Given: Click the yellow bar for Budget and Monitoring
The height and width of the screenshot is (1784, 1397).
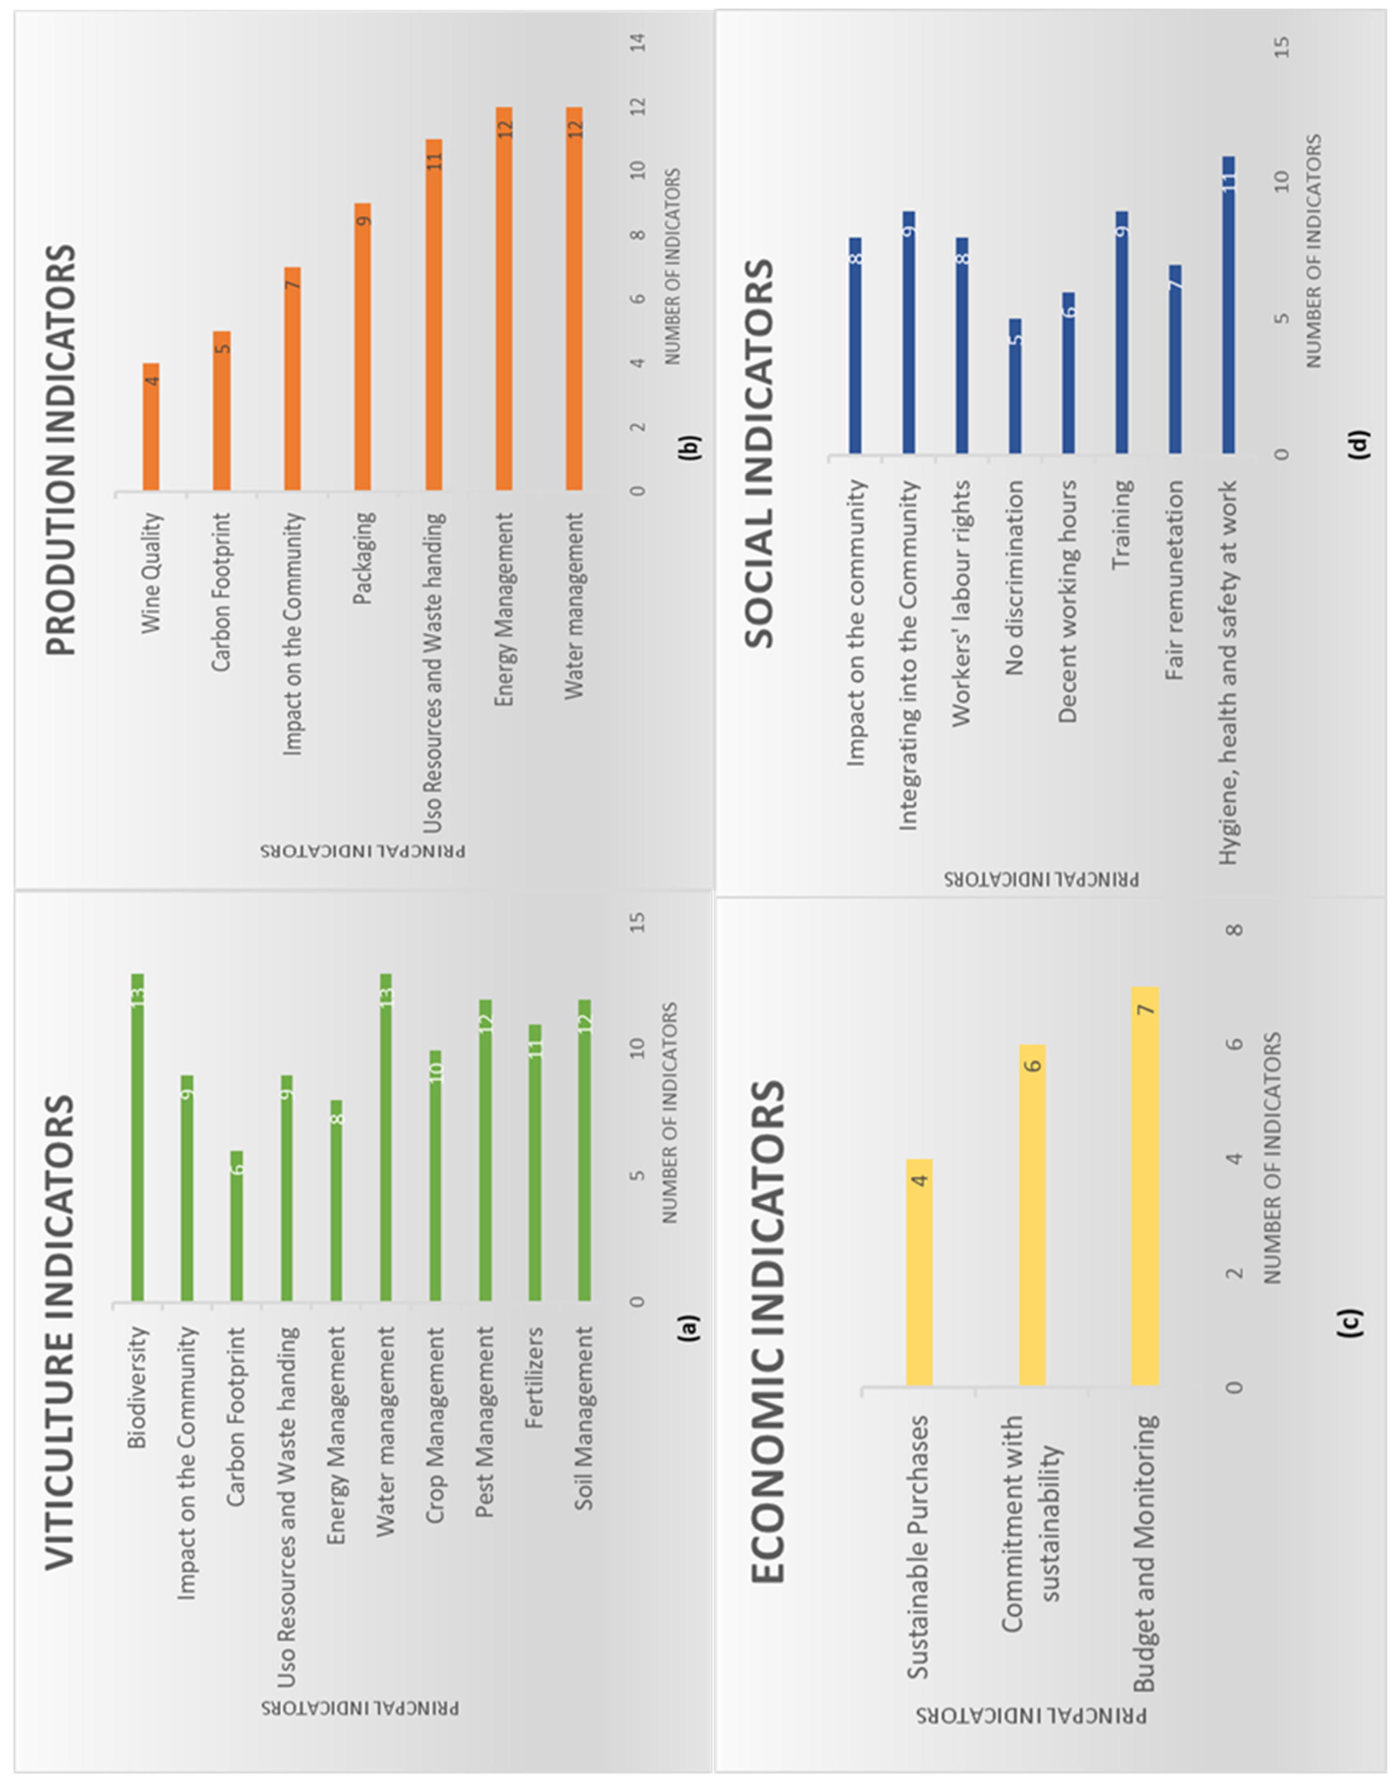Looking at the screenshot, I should [x=1145, y=1185].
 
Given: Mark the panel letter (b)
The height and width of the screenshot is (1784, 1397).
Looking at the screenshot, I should [x=689, y=446].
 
